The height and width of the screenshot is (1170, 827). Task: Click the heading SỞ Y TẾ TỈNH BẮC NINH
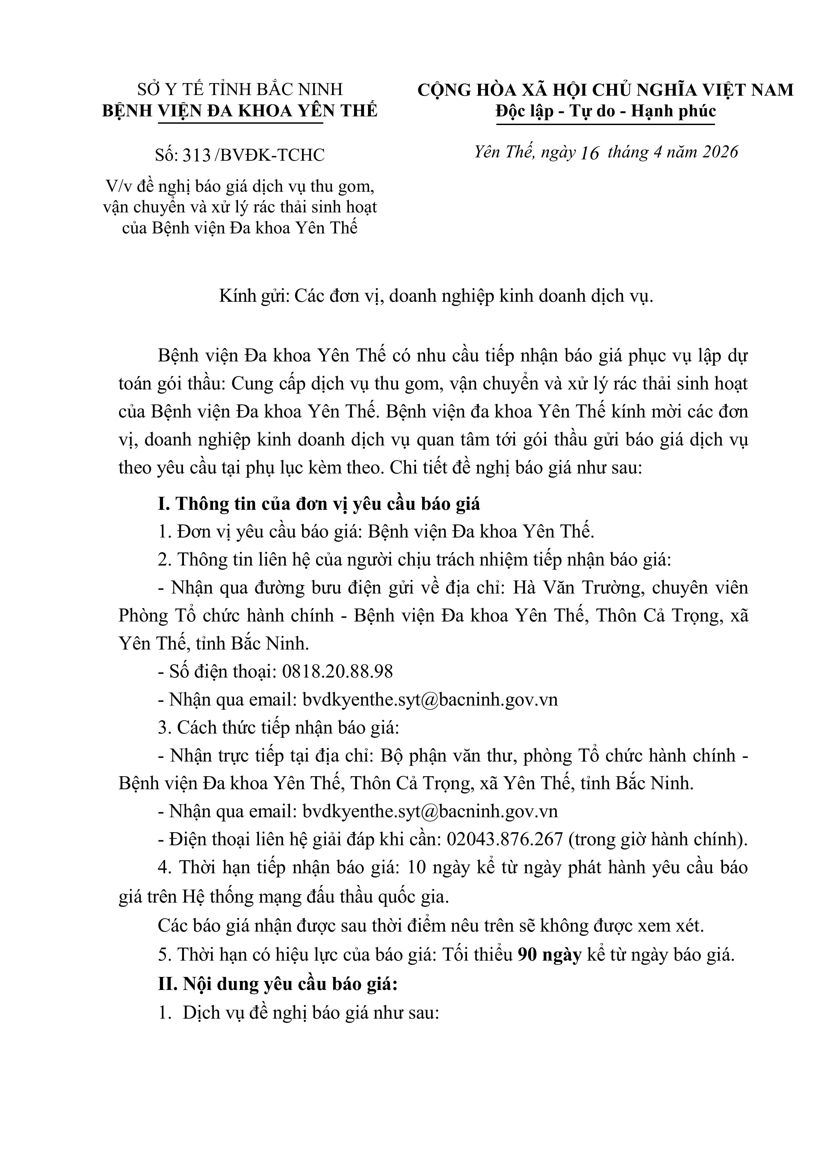pos(240,90)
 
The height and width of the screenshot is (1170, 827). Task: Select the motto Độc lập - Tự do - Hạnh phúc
pos(605,111)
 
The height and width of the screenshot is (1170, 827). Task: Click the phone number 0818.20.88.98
pos(337,671)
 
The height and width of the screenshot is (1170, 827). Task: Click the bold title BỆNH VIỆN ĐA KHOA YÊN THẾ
pos(240,111)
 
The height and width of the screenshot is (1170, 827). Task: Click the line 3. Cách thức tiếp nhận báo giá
pos(278,727)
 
